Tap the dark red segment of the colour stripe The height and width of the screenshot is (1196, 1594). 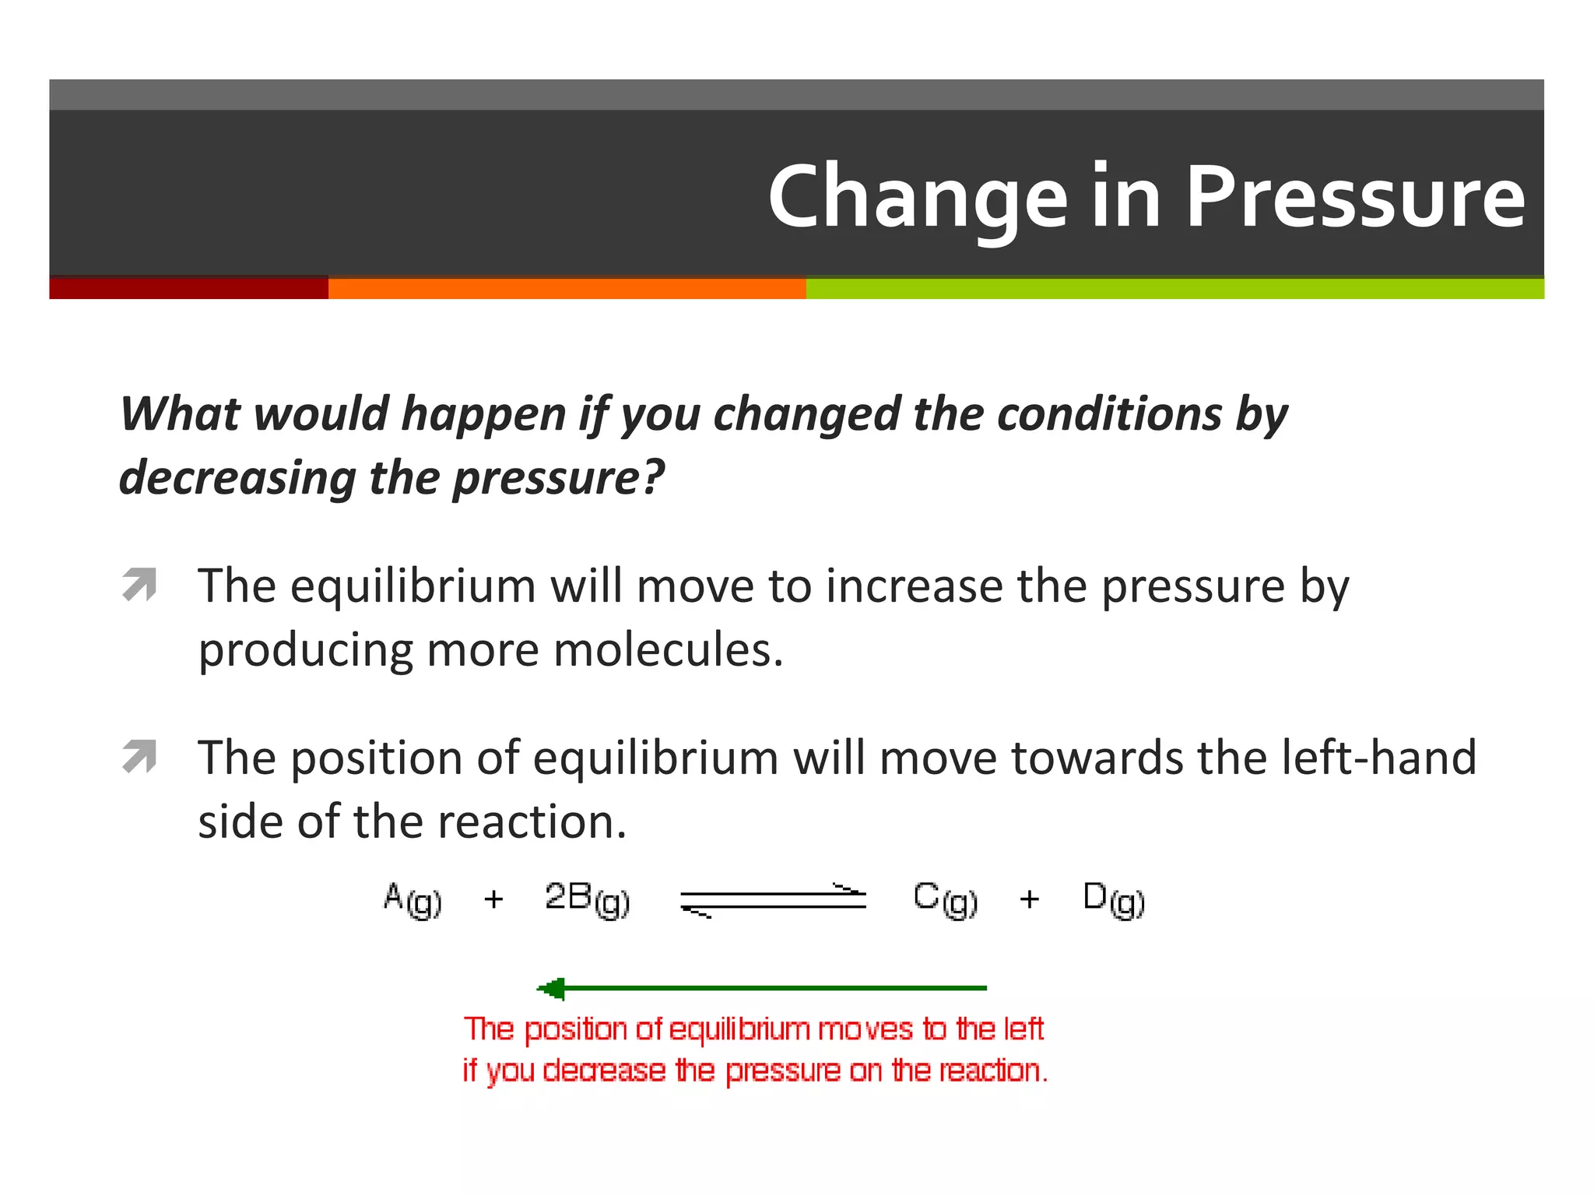tap(188, 288)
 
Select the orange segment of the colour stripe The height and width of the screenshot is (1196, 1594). tap(567, 288)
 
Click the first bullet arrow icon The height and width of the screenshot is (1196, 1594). tap(139, 585)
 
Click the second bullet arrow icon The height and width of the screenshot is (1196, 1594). tap(139, 756)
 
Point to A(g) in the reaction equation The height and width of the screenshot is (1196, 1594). tap(413, 900)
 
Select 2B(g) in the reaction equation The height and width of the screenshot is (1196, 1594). tap(587, 899)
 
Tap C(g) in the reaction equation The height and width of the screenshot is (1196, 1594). tap(945, 899)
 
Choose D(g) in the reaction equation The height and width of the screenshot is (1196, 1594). tap(1114, 899)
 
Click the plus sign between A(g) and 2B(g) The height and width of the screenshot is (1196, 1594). tap(493, 900)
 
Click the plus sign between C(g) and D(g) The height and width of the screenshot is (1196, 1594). tap(1029, 900)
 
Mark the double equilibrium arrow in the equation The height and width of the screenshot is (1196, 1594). tap(773, 900)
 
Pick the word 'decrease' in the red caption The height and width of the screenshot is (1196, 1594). tap(604, 1071)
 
